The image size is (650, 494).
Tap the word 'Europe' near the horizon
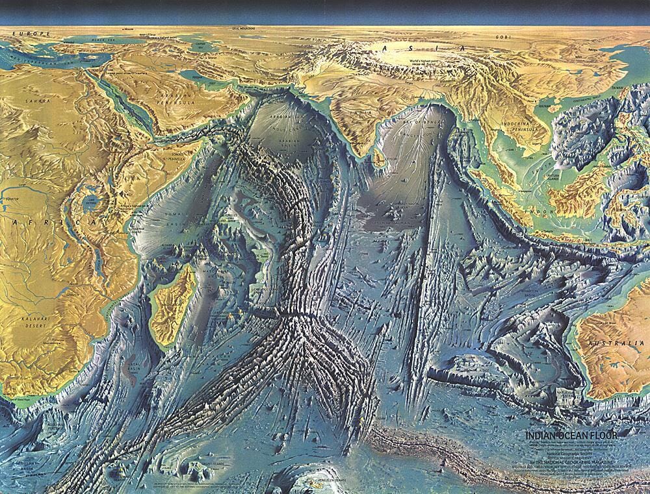pyautogui.click(x=18, y=33)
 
